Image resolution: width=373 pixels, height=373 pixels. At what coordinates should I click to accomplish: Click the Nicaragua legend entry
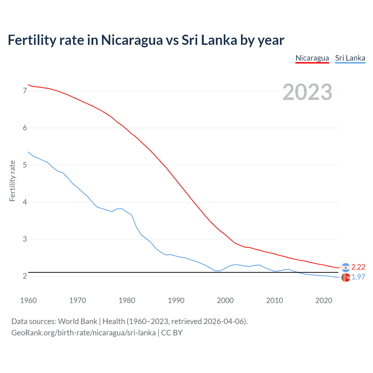click(312, 58)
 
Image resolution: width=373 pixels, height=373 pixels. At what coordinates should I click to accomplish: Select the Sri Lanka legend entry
click(350, 58)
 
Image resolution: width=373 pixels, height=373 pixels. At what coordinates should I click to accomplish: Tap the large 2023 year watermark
click(307, 92)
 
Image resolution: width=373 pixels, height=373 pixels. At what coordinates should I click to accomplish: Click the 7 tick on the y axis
click(25, 91)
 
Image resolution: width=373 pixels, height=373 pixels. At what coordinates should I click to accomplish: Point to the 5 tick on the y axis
click(25, 165)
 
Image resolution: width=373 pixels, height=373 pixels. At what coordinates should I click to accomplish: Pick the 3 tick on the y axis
click(25, 239)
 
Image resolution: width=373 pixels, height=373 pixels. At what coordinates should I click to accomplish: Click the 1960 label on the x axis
click(28, 300)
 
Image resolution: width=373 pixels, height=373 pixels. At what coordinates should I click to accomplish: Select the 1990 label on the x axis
click(176, 300)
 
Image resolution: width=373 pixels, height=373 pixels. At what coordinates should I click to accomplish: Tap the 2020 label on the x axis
click(324, 300)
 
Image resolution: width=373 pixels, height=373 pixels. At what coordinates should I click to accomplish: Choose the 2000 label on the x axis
click(225, 300)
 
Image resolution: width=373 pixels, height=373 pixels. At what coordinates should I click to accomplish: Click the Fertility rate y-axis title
click(12, 181)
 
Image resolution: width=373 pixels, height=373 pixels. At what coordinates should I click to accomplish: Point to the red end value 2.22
click(358, 267)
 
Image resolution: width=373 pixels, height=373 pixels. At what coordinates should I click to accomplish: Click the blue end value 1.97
click(358, 277)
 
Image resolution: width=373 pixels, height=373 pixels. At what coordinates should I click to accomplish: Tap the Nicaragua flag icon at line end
click(346, 267)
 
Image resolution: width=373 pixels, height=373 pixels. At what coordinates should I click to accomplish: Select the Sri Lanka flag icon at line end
click(346, 278)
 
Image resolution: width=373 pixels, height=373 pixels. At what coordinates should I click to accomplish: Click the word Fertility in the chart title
click(31, 40)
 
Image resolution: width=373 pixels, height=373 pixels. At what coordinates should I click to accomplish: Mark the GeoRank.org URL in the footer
click(83, 333)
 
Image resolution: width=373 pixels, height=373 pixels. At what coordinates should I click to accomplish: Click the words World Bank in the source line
click(78, 321)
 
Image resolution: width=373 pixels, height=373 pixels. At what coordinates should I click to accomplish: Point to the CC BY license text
click(172, 333)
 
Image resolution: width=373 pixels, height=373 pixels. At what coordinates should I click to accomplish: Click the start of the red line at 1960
click(29, 85)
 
